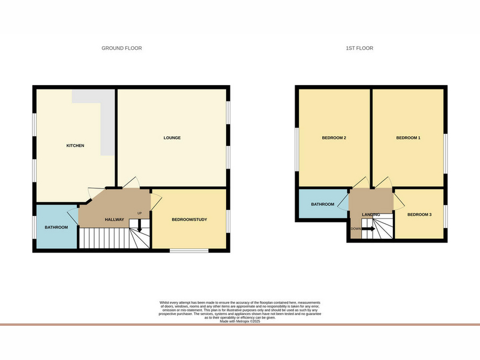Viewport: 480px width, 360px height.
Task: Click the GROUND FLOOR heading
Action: tap(122, 48)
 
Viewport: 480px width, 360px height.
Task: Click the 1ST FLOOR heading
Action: tap(359, 48)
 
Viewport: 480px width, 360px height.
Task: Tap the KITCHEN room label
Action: tap(76, 146)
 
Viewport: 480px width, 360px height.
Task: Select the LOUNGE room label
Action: tap(172, 138)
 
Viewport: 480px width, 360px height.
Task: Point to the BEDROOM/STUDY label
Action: tap(190, 220)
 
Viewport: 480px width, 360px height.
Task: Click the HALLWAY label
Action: tap(115, 220)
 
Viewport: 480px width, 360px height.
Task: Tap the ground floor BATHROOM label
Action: tap(56, 227)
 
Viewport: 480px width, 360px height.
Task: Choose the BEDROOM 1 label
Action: tap(409, 138)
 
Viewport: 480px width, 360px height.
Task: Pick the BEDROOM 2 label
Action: tap(334, 138)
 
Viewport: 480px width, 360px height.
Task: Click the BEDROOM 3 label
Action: tap(419, 215)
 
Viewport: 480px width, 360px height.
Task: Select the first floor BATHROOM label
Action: tap(323, 204)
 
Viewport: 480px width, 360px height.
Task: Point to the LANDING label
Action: tap(371, 215)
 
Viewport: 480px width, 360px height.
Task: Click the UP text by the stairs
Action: tap(140, 214)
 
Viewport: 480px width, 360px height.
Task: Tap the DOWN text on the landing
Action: tap(356, 229)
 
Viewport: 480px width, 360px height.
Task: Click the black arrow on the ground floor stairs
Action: tap(140, 226)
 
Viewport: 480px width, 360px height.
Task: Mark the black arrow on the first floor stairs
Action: tap(368, 229)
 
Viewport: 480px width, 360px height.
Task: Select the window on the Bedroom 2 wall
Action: tap(296, 149)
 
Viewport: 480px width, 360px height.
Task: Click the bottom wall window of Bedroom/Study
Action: tap(189, 251)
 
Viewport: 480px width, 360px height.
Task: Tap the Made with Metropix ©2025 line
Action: tap(240, 322)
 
